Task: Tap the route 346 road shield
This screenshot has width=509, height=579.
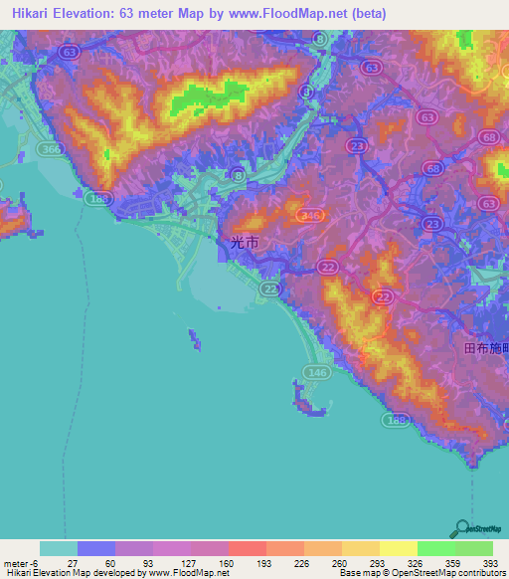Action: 311,215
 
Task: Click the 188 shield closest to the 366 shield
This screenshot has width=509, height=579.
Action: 97,200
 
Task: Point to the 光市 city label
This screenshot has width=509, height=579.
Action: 244,243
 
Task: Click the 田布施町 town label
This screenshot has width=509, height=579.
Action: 486,349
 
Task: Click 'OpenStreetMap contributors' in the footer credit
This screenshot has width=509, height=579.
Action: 448,573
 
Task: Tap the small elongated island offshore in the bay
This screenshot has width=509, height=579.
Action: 193,340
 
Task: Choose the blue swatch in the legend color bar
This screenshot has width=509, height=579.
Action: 96,548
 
